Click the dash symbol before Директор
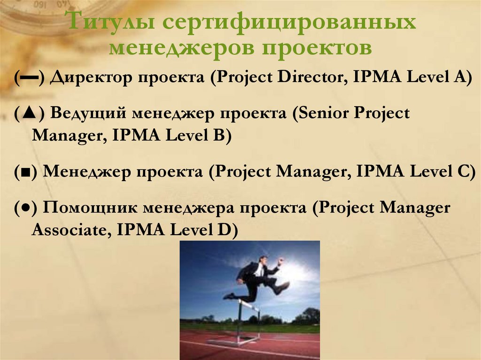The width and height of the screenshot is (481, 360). pos(29,77)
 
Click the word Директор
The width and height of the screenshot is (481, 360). pos(89,77)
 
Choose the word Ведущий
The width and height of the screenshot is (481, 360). pos(88,113)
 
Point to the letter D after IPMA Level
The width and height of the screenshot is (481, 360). pos(227,230)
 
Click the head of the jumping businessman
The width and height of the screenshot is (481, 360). pos(263,260)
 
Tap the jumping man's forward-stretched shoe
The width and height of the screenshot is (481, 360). pos(283,287)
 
